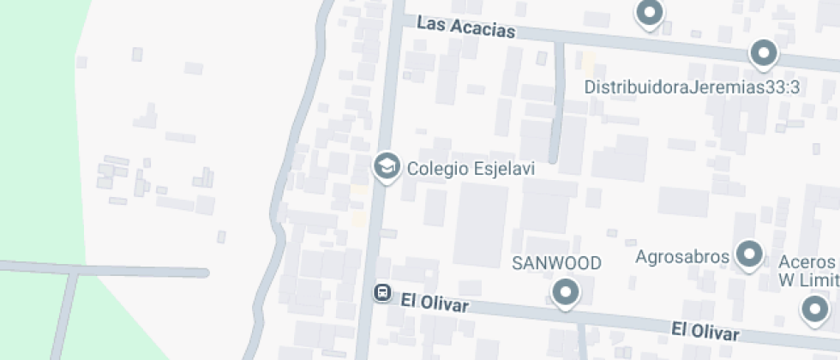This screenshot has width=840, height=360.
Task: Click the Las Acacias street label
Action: [x=465, y=27]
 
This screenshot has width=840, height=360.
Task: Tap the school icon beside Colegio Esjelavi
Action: [x=387, y=166]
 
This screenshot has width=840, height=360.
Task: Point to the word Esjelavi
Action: [x=504, y=169]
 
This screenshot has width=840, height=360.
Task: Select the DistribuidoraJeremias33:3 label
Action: [x=692, y=87]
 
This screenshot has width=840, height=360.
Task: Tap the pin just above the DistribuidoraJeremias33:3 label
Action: [x=763, y=54]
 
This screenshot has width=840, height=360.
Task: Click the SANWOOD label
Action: [x=556, y=262]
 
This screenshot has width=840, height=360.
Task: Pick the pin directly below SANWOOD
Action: [x=565, y=293]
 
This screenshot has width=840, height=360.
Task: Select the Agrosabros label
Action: [x=682, y=255]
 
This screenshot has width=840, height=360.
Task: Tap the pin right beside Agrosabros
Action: [x=751, y=254]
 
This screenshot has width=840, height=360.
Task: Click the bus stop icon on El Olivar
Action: [x=382, y=293]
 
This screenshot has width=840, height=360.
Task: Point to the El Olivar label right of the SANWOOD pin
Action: [x=704, y=329]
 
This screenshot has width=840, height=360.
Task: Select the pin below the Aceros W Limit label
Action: [x=814, y=309]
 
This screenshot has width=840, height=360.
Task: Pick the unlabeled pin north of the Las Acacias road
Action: [x=649, y=13]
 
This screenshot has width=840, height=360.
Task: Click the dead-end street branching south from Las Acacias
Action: [x=558, y=103]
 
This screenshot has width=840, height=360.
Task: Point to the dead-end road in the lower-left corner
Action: [x=103, y=272]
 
